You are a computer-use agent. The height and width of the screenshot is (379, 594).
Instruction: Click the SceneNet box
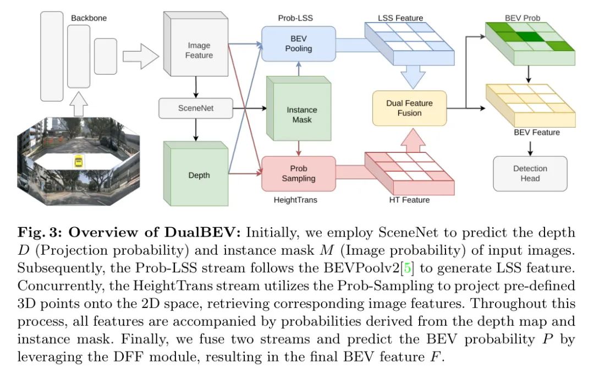[195, 108]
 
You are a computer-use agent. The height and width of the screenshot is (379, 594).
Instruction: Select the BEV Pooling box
[299, 43]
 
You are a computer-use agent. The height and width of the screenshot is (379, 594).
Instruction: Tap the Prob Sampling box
[299, 174]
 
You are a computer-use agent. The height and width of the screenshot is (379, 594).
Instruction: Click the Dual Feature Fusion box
[410, 108]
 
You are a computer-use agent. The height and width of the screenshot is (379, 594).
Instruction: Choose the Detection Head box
[530, 174]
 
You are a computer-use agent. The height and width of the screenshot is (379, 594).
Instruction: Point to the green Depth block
[196, 174]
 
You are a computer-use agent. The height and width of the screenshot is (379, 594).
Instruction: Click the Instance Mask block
[299, 109]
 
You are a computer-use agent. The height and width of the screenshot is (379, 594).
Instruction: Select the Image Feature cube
[196, 44]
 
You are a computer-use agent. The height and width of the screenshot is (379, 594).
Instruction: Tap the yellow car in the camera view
[79, 162]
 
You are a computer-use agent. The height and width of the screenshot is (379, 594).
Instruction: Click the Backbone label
[89, 18]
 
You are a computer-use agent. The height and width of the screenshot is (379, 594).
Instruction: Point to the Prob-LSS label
[295, 18]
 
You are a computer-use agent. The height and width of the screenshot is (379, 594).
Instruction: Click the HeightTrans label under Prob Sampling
[295, 200]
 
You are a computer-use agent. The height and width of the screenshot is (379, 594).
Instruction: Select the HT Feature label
[410, 200]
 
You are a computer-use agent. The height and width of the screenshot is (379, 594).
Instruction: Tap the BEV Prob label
[522, 18]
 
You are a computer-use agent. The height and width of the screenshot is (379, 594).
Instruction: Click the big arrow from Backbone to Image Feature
[141, 56]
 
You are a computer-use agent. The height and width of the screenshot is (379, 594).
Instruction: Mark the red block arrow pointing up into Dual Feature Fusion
[413, 140]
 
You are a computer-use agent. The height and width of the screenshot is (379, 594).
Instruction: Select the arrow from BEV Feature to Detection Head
[530, 149]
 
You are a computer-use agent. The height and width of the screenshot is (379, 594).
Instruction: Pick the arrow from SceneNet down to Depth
[196, 130]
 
